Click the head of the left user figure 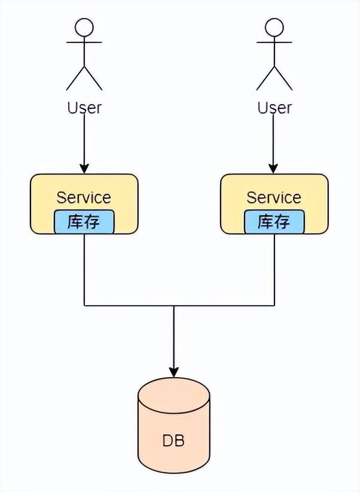click(x=84, y=27)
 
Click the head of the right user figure click(x=274, y=27)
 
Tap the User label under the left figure click(x=84, y=108)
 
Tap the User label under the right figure click(x=274, y=108)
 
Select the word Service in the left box click(x=84, y=197)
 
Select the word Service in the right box click(x=274, y=197)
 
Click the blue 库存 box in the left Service click(x=84, y=222)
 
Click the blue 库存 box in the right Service click(x=274, y=222)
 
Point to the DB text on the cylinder click(x=173, y=441)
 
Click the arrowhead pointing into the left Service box click(x=84, y=168)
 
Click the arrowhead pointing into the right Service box click(x=274, y=168)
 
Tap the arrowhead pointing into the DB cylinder click(x=174, y=371)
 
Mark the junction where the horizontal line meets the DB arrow click(x=174, y=306)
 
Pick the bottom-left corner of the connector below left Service click(x=84, y=306)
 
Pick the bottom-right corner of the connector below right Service click(x=274, y=306)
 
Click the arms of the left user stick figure click(x=84, y=42)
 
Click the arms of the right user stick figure click(x=274, y=42)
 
